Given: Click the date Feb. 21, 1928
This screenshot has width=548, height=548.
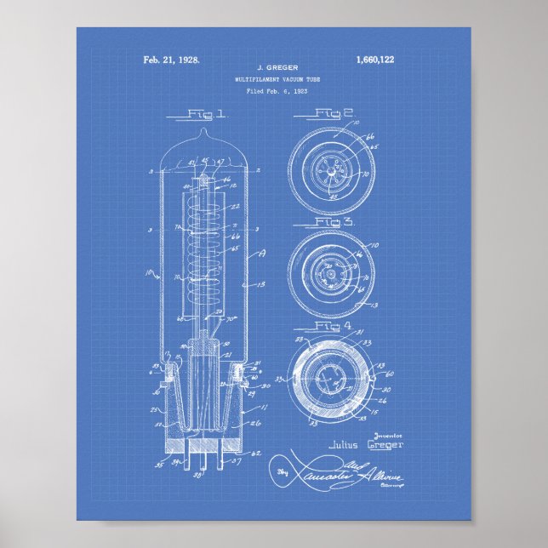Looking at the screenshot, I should (171, 60).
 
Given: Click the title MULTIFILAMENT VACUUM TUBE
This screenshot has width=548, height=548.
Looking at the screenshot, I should (273, 78).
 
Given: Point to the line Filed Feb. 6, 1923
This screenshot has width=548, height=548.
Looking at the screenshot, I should (273, 90).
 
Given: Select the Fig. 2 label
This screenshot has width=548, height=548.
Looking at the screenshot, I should (334, 112).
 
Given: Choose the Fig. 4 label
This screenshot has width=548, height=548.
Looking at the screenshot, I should (334, 326).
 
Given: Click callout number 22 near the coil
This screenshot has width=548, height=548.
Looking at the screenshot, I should (236, 207).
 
